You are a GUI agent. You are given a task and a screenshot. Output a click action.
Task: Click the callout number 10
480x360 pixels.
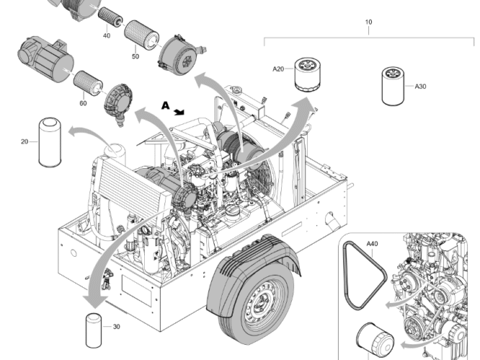[368, 22]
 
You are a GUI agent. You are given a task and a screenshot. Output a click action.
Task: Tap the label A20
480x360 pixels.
[278, 69]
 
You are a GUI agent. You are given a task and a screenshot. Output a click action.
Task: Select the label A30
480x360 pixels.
[421, 87]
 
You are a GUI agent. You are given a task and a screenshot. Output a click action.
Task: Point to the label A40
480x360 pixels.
[372, 244]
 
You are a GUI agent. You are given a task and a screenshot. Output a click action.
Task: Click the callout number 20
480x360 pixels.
[25, 141]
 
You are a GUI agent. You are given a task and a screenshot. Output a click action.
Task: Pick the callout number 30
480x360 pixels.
[117, 327]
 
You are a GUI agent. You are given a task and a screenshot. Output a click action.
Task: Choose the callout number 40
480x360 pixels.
[107, 35]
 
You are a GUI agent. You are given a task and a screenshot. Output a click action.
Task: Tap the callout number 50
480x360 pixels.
[135, 56]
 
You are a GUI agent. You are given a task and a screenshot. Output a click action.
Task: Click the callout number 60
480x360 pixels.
[83, 103]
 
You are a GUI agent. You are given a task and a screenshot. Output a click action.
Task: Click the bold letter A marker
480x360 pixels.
[165, 105]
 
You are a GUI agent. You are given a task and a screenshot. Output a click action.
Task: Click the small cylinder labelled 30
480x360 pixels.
[94, 327]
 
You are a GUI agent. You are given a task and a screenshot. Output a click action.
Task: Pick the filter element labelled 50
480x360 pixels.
[142, 33]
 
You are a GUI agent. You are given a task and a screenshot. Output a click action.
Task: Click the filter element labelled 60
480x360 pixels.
[86, 81]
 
